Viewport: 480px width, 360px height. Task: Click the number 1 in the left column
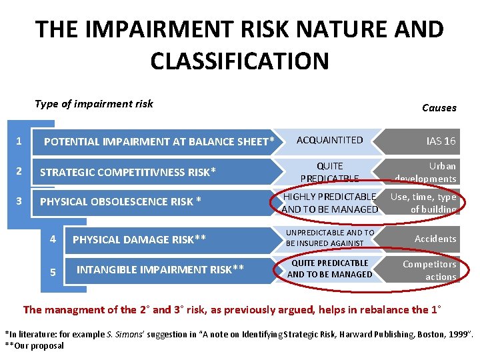[x=19, y=141]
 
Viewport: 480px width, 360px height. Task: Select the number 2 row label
[x=19, y=172]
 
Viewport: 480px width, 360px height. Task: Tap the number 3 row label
[x=19, y=201]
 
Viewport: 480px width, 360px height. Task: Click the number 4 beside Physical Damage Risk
[x=53, y=238]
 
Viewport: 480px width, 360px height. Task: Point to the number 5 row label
[x=53, y=271]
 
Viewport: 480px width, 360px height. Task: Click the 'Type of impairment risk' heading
[x=94, y=103]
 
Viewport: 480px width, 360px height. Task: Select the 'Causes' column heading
[x=439, y=107]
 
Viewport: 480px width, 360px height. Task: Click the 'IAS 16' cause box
[x=441, y=141]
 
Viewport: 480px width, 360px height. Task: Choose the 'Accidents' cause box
[x=435, y=239]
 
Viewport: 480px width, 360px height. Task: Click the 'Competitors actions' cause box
[x=429, y=271]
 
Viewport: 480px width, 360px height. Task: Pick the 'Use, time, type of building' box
[x=423, y=203]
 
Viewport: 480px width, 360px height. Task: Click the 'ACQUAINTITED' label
[x=329, y=140]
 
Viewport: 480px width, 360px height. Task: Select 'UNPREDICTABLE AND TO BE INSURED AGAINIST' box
[x=330, y=238]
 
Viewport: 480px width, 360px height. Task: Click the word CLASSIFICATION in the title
[x=239, y=61]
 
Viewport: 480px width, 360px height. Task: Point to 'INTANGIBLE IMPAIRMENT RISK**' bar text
[x=160, y=269]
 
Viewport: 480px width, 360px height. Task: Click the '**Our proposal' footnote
[x=35, y=345]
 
